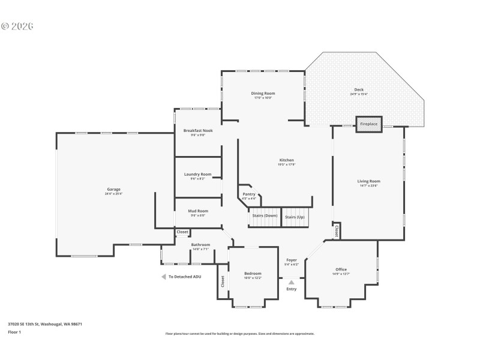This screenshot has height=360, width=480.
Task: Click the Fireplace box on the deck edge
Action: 368,124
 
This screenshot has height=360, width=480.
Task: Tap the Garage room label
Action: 114,190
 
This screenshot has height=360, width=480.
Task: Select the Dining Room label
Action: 263,94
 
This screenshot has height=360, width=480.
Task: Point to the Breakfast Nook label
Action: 198,130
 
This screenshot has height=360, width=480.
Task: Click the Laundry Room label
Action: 197,174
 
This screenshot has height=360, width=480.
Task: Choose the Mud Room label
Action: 198,211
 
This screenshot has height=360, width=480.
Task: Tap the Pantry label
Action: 249,194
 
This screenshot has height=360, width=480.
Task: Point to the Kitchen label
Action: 286,160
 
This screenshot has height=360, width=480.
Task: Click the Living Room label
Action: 368,181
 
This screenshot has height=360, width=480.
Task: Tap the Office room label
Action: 341,269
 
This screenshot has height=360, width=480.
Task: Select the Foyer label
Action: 291,260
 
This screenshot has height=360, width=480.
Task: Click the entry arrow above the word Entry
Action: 291,281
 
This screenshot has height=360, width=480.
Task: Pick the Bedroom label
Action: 252,274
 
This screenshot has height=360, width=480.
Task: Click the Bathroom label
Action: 200,244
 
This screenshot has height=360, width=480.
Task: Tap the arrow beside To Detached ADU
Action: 163,277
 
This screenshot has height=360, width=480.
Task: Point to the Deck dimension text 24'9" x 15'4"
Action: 359,94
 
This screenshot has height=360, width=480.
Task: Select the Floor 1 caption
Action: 14,332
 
